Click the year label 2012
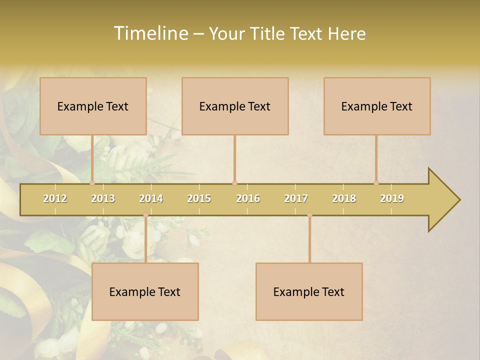(55, 198)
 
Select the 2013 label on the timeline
(103, 198)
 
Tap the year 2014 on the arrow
(151, 198)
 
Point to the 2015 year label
(199, 198)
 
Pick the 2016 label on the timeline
(248, 198)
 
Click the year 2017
(296, 198)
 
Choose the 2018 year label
(344, 198)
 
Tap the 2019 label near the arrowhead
(392, 198)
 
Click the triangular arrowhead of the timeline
(443, 200)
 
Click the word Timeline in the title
(150, 33)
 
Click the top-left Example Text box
(93, 106)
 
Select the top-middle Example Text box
(235, 106)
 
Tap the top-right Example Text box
(377, 106)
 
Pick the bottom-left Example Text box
(145, 291)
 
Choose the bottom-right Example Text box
(309, 291)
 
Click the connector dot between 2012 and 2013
(92, 183)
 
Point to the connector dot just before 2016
(234, 183)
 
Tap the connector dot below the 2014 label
(145, 215)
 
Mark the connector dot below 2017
(309, 215)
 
